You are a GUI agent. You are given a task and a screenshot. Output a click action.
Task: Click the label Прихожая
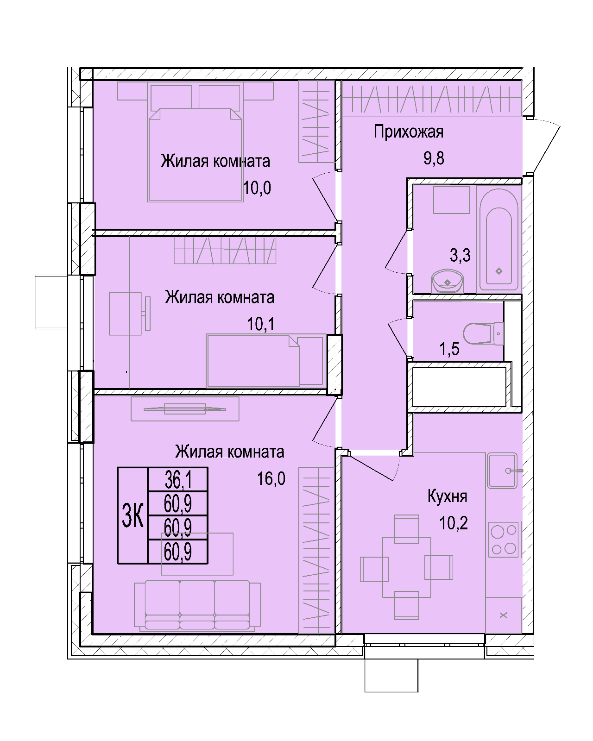coord(409,132)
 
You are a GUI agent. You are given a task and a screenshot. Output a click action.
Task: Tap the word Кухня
coord(447,496)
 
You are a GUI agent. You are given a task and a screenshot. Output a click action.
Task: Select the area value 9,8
coord(434,158)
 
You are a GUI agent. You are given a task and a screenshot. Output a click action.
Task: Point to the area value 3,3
coord(460,256)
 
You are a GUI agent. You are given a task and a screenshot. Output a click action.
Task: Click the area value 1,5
coord(449,349)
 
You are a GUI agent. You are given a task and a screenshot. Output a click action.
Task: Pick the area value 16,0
coord(271,479)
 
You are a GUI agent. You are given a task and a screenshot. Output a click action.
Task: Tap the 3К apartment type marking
coord(132,515)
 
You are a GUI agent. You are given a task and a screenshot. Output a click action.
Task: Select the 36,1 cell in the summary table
coord(178,479)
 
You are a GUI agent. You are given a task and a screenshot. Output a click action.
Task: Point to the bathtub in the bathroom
coord(498,239)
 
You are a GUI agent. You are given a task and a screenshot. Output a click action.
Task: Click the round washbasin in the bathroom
coord(448,281)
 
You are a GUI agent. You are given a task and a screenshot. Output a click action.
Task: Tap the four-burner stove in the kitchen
coord(504,540)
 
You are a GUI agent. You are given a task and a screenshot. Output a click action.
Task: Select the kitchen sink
coord(502,471)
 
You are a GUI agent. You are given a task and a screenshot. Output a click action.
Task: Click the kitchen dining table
coord(407,567)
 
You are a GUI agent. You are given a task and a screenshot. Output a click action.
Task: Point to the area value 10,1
coord(261,324)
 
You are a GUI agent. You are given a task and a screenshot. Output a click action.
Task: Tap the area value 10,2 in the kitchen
coord(454,523)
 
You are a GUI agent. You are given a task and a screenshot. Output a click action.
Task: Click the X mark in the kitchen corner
coord(504,615)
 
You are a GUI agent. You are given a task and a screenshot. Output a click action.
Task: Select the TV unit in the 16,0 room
coord(185,409)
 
